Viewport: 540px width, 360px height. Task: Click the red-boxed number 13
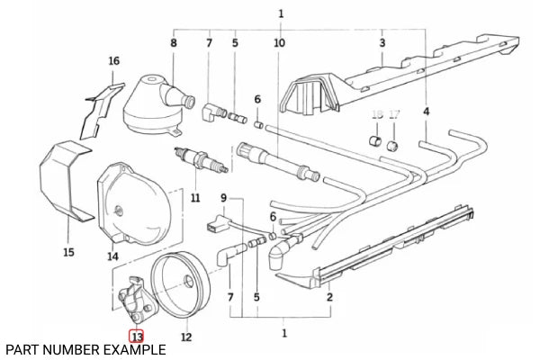(x=136, y=337)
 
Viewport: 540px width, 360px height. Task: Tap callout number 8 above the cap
(x=174, y=42)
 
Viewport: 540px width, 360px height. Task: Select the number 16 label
(x=113, y=61)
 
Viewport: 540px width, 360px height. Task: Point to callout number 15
(x=68, y=252)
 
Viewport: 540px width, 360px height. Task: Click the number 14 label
(x=113, y=256)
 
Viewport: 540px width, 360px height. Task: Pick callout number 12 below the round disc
(x=186, y=337)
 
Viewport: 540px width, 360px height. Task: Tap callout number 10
(x=279, y=42)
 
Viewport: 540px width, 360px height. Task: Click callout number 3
(x=382, y=42)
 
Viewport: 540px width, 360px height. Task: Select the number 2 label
(x=330, y=296)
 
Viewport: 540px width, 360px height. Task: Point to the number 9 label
(x=224, y=197)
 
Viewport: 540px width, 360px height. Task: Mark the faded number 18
(x=378, y=113)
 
